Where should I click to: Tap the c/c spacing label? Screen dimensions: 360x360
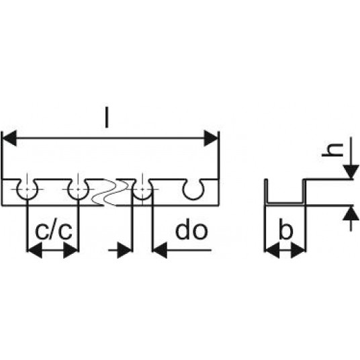[x=54, y=231]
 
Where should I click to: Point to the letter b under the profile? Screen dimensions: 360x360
[x=286, y=228]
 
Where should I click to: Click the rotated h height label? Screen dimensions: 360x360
[x=332, y=150]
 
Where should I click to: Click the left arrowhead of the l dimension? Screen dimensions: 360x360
[x=9, y=138]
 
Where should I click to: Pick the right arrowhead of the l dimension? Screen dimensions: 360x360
[x=211, y=138]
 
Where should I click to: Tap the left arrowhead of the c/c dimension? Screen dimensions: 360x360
[x=35, y=251]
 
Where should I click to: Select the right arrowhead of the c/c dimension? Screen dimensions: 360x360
[x=71, y=251]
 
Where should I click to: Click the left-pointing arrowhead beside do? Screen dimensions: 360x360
[x=160, y=251]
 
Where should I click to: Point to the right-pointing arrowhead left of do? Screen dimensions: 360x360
[x=125, y=251]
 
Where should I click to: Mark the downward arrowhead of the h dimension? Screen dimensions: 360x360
[x=351, y=172]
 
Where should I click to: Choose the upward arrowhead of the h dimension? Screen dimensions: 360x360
[x=351, y=213]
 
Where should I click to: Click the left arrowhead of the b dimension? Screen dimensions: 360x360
[x=272, y=251]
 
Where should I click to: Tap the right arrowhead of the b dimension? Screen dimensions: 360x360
[x=298, y=251]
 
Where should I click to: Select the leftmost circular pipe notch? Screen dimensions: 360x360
[x=28, y=198]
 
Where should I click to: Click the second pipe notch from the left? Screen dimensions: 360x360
[x=78, y=198]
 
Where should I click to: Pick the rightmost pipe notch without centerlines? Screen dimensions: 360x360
[x=193, y=199]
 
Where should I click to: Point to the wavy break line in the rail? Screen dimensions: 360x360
[x=110, y=192]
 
